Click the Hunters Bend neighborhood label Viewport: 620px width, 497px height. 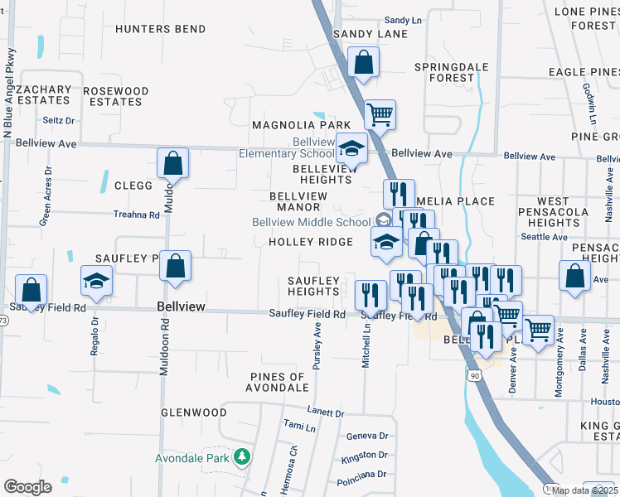pyautogui.click(x=161, y=29)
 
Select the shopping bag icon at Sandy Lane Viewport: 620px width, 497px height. pyautogui.click(x=363, y=62)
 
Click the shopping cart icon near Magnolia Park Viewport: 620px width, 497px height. pyautogui.click(x=380, y=115)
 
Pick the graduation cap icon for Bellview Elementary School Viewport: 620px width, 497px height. pyautogui.click(x=352, y=150)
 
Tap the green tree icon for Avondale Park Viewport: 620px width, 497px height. pyautogui.click(x=241, y=457)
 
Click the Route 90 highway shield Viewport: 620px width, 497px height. pyautogui.click(x=473, y=375)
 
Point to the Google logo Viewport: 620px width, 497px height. pyautogui.click(x=27, y=487)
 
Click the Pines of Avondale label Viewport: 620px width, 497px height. pyautogui.click(x=279, y=383)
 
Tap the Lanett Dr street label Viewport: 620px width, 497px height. pyautogui.click(x=325, y=412)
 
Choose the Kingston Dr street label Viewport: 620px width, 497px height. pyautogui.click(x=365, y=455)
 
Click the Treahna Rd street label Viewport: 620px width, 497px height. pyautogui.click(x=137, y=214)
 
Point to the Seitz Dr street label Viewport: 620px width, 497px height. pyautogui.click(x=59, y=120)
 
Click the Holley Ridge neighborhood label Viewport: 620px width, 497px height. pyautogui.click(x=311, y=242)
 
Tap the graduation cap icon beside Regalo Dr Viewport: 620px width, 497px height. pyautogui.click(x=97, y=282)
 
